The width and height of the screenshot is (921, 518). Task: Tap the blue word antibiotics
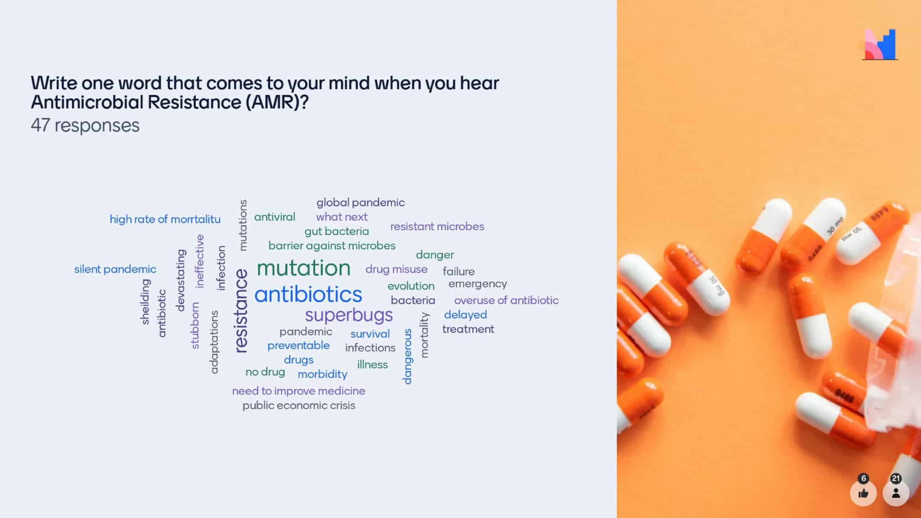coord(308,294)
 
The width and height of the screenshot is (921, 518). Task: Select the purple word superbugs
coord(349,315)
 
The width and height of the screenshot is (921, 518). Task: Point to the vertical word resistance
coord(241,311)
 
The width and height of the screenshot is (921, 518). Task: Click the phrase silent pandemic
coord(115,269)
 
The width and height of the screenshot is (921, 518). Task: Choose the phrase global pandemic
coord(361,202)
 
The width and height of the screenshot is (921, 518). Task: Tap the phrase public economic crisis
coord(299,405)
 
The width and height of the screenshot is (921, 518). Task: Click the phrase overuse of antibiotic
coord(506,300)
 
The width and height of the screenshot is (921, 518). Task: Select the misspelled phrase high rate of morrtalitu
coord(165,219)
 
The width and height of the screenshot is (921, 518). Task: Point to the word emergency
coord(478,284)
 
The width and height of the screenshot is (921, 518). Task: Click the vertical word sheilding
coord(146,302)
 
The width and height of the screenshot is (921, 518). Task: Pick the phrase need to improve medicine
coord(299,391)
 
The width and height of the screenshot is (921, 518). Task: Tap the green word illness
coord(372,364)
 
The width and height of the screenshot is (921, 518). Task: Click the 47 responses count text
coord(85,126)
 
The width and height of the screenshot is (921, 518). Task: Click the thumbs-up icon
coord(863,493)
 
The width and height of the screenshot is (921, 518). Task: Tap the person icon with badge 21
coord(896,493)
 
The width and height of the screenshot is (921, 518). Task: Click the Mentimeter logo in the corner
coord(880,44)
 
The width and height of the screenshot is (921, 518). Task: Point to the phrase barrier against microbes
coord(332,246)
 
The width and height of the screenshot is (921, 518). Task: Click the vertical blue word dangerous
coord(407,356)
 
